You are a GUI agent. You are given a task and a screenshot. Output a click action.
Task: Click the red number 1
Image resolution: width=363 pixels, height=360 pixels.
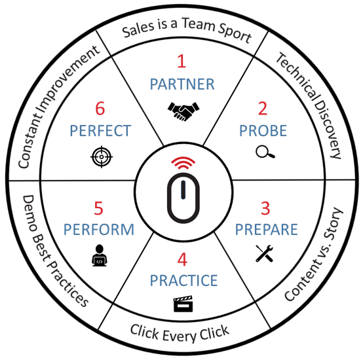[181, 61]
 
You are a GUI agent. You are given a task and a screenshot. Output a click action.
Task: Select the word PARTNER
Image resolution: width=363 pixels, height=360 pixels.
[182, 84]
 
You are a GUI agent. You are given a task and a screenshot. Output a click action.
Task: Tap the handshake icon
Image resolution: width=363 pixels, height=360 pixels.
[183, 111]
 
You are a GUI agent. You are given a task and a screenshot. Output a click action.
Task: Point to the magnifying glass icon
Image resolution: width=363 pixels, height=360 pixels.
[265, 152]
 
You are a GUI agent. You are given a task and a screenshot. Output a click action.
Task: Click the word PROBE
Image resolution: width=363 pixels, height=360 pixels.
[263, 131]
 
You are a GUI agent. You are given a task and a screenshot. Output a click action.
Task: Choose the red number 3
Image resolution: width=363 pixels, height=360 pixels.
[265, 208]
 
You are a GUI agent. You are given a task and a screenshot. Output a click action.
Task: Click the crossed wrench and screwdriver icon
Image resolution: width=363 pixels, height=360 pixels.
[264, 253]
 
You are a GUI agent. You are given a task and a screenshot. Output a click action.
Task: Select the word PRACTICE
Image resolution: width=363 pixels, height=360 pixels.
[184, 280]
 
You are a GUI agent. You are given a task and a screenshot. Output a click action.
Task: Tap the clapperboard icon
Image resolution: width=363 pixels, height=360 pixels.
[183, 304]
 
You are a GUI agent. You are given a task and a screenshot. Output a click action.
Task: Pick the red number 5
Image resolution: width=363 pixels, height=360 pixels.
[99, 208]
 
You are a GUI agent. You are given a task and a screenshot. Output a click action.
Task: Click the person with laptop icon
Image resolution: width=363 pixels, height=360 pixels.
[100, 255]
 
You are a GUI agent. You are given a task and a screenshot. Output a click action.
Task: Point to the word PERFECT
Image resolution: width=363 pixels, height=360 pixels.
[100, 131]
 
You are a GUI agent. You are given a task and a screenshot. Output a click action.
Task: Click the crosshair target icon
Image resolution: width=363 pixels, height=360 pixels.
[102, 156]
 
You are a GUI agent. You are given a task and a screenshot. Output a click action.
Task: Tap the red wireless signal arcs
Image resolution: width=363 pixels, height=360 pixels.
[183, 162]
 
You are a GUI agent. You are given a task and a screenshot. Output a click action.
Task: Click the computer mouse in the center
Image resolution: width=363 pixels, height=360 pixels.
[183, 198]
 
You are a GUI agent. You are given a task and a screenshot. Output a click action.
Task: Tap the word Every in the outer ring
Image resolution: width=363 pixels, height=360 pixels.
[179, 336]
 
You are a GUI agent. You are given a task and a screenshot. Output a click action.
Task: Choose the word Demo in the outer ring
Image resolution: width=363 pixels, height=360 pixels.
[29, 213]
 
